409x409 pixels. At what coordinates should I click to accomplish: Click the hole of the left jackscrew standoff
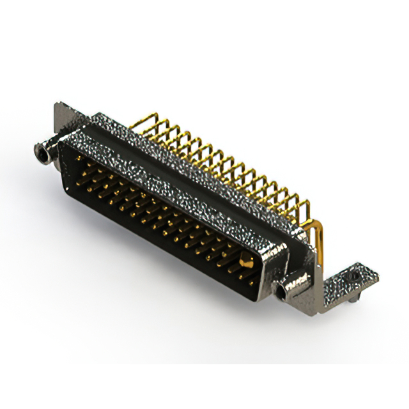(x=41, y=151)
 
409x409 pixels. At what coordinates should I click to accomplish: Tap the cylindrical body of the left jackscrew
(x=47, y=151)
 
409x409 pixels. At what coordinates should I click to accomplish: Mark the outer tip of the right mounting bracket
(x=374, y=274)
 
